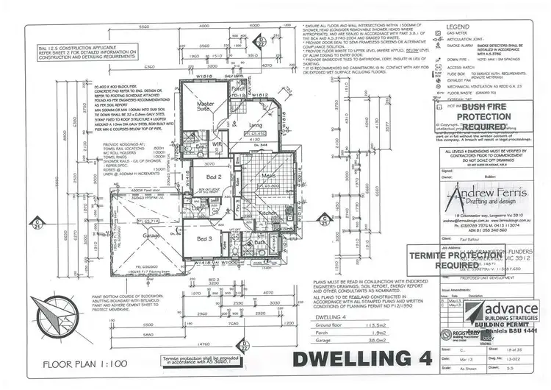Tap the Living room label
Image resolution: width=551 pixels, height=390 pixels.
(255, 125)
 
